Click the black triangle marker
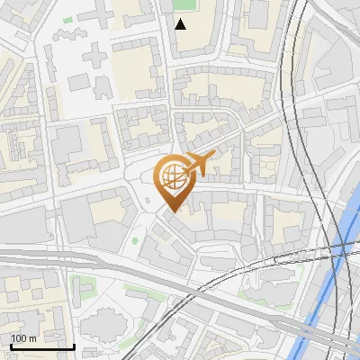click(x=182, y=23)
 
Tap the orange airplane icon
click(x=197, y=165)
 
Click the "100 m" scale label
click(x=24, y=338)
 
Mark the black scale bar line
click(x=42, y=346)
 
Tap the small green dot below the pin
click(x=135, y=240)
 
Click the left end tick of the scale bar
click(x=10, y=346)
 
